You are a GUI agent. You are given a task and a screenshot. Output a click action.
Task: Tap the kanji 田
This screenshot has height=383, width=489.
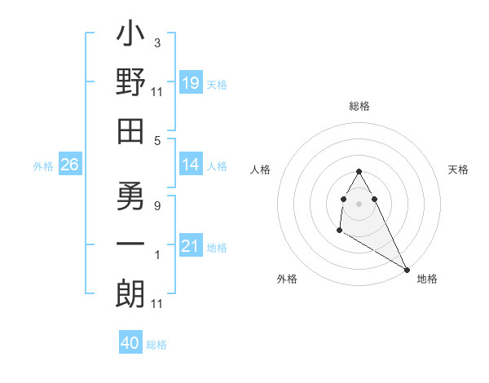pos(130,130)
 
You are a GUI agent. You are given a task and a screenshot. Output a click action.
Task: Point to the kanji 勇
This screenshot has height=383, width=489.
pos(130,195)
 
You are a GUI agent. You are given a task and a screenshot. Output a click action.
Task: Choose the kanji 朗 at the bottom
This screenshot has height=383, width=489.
pos(130,294)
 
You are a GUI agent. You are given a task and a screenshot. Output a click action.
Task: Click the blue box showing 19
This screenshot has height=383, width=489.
pos(190,83)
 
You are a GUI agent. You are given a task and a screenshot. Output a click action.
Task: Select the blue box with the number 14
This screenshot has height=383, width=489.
pos(190,165)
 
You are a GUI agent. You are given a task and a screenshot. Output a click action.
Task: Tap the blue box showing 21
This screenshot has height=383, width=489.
pos(190,246)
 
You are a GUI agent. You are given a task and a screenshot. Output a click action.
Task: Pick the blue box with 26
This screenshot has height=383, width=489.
pos(69,165)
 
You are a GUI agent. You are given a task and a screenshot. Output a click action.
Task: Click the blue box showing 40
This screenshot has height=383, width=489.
pos(130,343)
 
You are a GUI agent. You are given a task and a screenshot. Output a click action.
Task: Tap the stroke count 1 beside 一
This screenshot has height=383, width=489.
pos(156,255)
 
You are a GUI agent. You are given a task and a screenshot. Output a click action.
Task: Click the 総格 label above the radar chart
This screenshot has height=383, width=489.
pos(359,106)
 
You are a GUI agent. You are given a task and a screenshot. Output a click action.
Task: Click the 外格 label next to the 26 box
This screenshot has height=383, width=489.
pos(43,166)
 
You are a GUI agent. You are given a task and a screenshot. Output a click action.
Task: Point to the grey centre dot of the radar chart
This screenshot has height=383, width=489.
pos(359,203)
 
